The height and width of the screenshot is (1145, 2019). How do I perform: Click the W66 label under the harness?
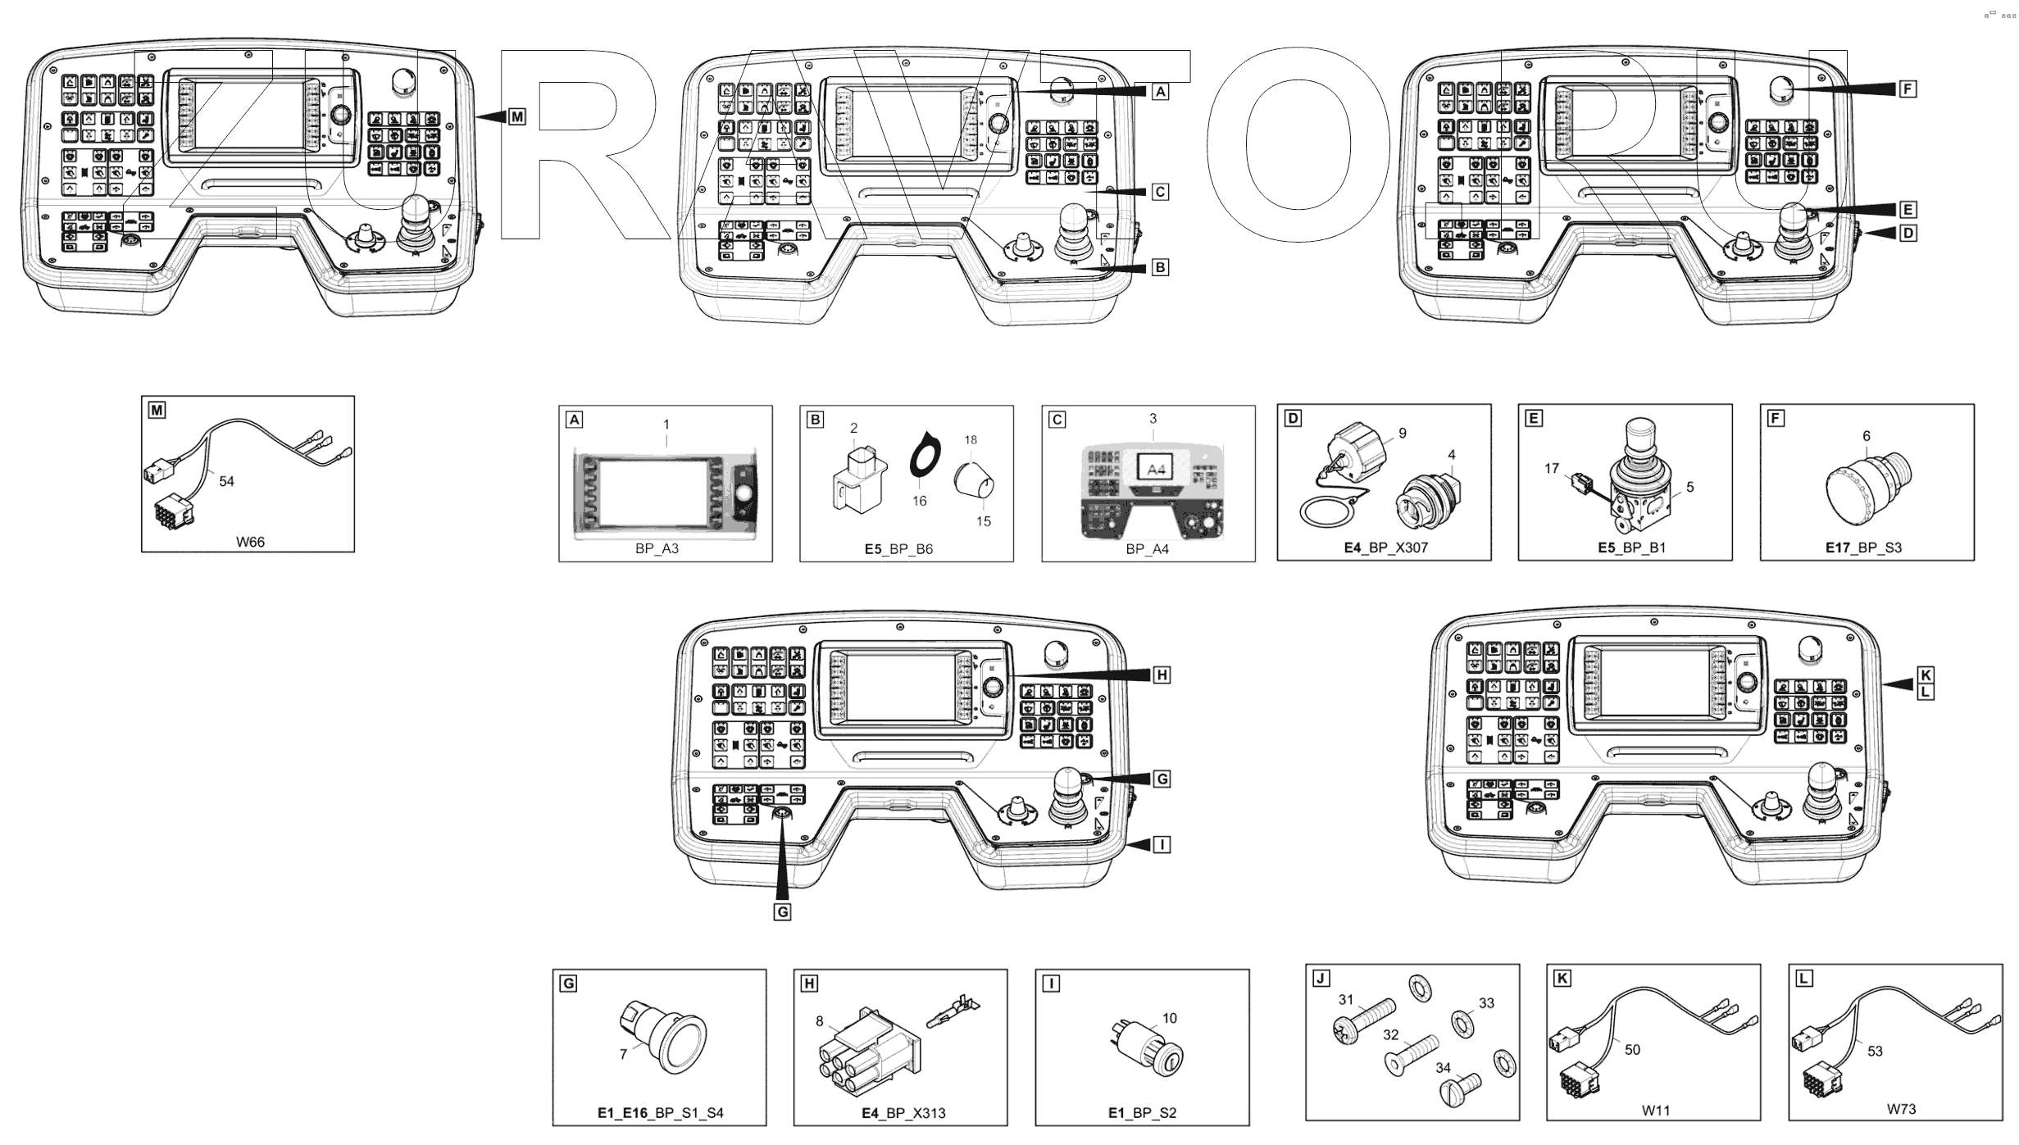pyautogui.click(x=250, y=542)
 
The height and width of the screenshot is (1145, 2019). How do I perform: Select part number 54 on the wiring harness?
pyautogui.click(x=226, y=481)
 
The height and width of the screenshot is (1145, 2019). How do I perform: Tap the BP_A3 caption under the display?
pyautogui.click(x=657, y=548)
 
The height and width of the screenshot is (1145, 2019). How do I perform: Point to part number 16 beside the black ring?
pyautogui.click(x=920, y=501)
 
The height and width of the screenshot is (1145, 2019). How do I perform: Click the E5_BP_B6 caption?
pyautogui.click(x=898, y=549)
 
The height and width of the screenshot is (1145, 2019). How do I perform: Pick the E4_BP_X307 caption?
pyautogui.click(x=1385, y=548)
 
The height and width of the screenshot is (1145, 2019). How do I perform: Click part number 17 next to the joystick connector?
pyautogui.click(x=1552, y=469)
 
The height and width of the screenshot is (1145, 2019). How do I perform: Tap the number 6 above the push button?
pyautogui.click(x=1867, y=436)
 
